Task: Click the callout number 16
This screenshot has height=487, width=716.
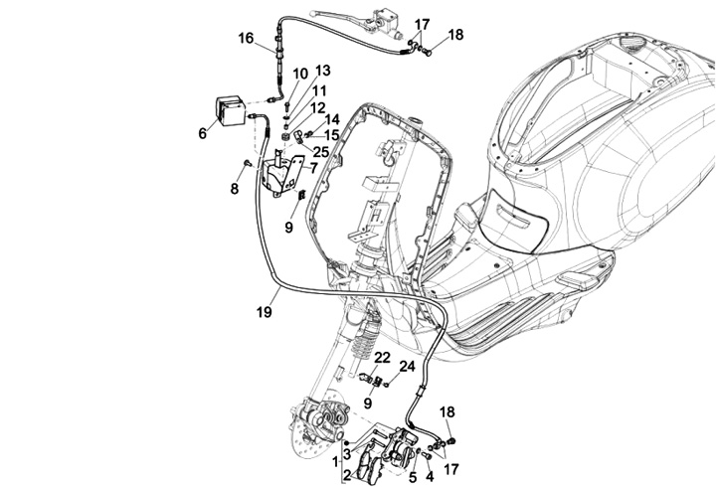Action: click(245, 39)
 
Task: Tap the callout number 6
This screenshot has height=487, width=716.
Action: click(203, 133)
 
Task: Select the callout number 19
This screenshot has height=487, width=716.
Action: click(263, 312)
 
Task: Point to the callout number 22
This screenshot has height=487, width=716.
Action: click(382, 357)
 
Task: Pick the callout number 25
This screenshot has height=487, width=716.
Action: click(320, 150)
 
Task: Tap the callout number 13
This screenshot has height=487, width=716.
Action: click(322, 71)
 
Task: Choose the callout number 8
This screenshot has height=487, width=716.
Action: click(235, 188)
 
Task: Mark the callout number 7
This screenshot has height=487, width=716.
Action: click(313, 169)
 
